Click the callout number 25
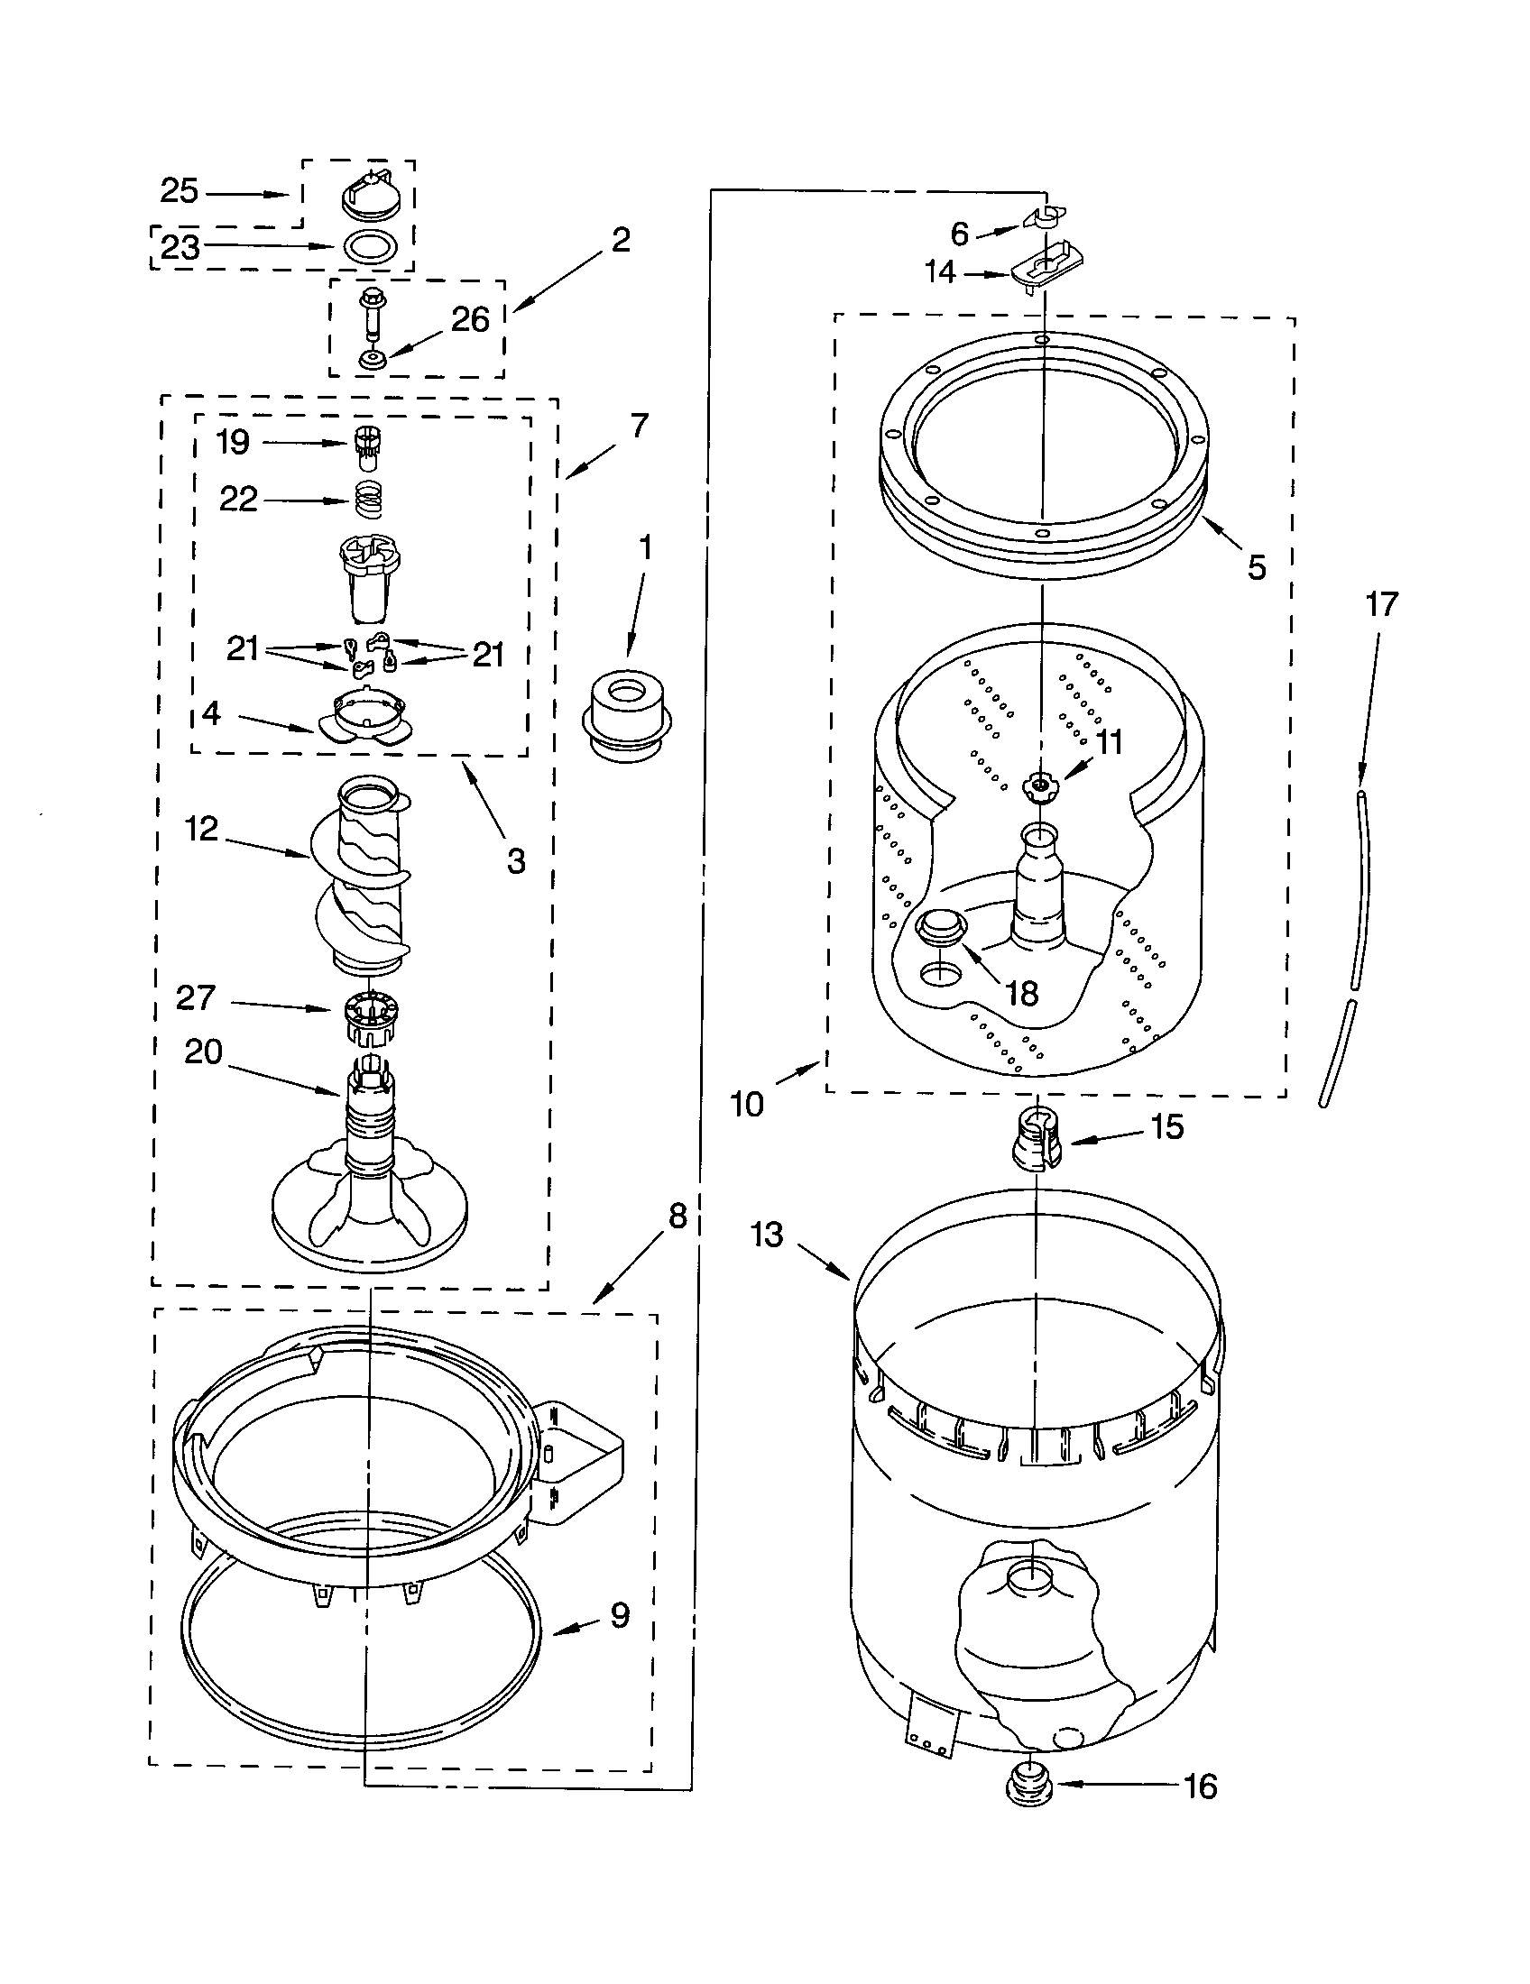(179, 192)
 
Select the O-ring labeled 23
(372, 246)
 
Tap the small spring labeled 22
(368, 500)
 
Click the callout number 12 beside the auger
(202, 829)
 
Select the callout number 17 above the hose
(1381, 604)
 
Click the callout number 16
(1200, 1786)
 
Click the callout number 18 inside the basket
(1022, 993)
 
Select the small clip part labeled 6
(1043, 218)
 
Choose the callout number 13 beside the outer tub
(768, 1235)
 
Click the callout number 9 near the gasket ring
(619, 1615)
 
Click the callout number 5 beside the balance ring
(1257, 568)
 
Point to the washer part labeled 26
(372, 360)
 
